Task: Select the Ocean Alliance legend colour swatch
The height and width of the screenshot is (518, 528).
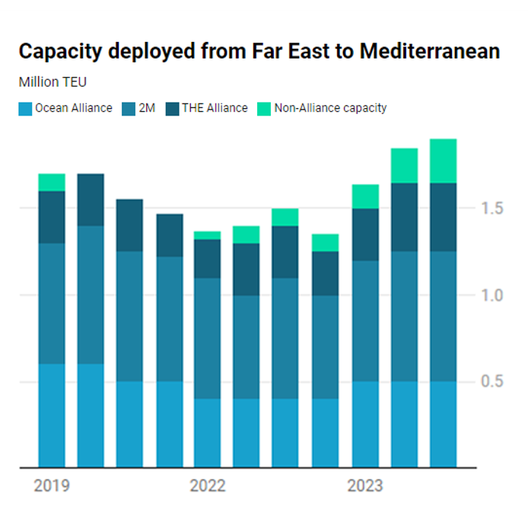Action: pyautogui.click(x=25, y=108)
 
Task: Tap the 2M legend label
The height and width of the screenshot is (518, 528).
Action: pyautogui.click(x=146, y=108)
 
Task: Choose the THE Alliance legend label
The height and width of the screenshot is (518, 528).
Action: pyautogui.click(x=215, y=108)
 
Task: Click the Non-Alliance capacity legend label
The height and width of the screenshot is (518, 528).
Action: pyautogui.click(x=330, y=108)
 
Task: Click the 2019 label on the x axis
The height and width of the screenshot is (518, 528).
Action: pyautogui.click(x=52, y=485)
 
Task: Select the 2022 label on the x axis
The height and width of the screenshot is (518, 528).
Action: pyautogui.click(x=208, y=485)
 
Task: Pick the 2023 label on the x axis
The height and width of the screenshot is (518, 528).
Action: pyautogui.click(x=364, y=485)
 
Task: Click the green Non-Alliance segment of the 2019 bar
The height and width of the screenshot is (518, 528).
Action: pyautogui.click(x=52, y=183)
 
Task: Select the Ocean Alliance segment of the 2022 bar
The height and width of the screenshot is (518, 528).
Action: pyautogui.click(x=208, y=433)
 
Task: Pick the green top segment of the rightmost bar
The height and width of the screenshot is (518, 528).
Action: pyautogui.click(x=443, y=160)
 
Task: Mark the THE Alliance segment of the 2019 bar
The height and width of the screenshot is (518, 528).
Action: pyautogui.click(x=52, y=217)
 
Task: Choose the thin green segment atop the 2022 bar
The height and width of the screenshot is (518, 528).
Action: pyautogui.click(x=208, y=235)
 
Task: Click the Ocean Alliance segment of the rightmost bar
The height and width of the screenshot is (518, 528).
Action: pyautogui.click(x=443, y=424)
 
